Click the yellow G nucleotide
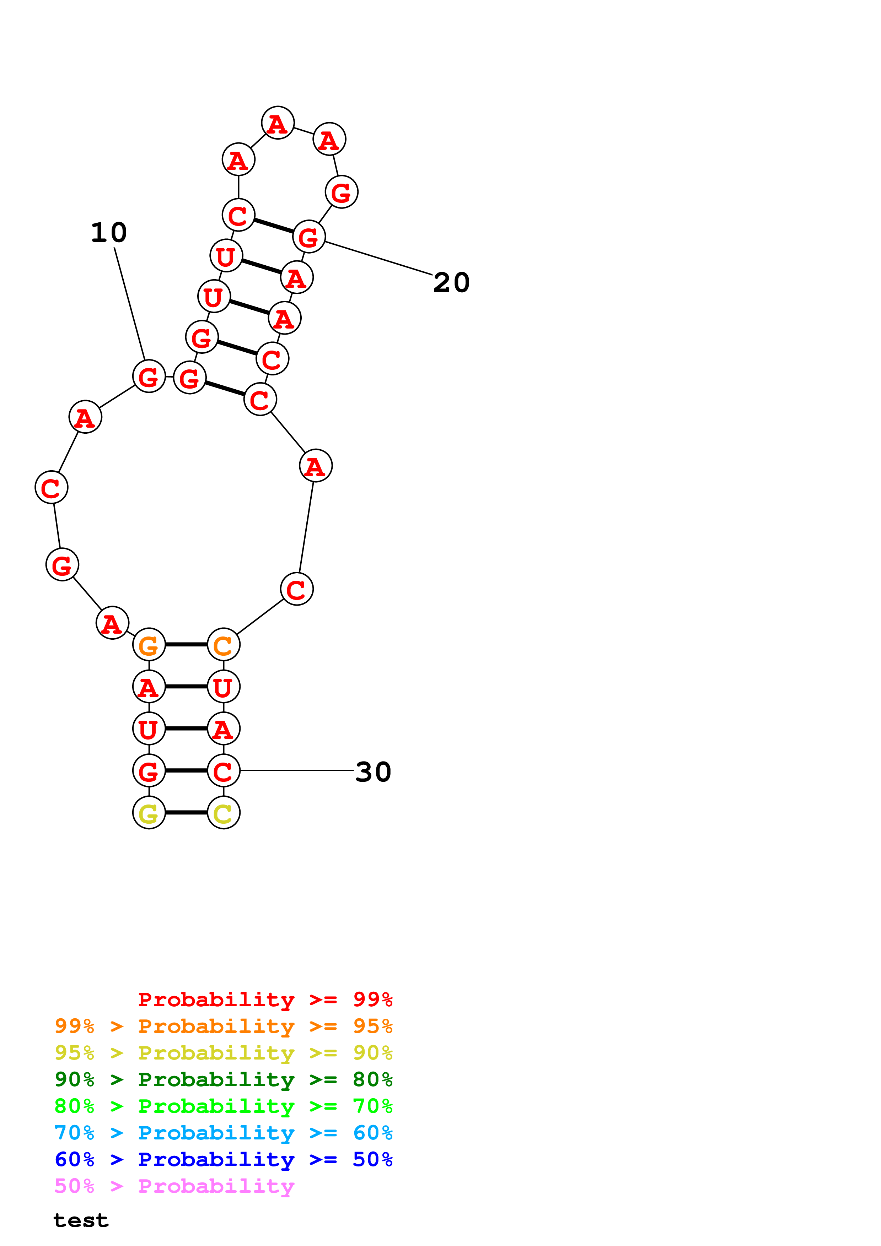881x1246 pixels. [149, 812]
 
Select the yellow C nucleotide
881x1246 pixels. [223, 812]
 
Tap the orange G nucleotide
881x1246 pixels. [149, 645]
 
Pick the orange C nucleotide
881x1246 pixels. [223, 645]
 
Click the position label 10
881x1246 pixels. [108, 233]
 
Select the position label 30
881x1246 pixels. [373, 772]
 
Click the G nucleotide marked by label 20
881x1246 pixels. [309, 237]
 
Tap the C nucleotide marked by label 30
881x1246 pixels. [223, 771]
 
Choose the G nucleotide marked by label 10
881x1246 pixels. [149, 376]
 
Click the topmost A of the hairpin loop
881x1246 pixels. [278, 123]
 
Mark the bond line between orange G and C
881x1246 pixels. [186, 645]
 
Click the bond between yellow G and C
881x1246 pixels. [186, 812]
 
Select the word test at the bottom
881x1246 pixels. [81, 1220]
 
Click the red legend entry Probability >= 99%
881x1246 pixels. [265, 999]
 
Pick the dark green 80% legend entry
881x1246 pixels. [223, 1079]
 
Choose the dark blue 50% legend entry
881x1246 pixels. [223, 1159]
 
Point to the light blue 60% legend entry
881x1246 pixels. [223, 1133]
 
